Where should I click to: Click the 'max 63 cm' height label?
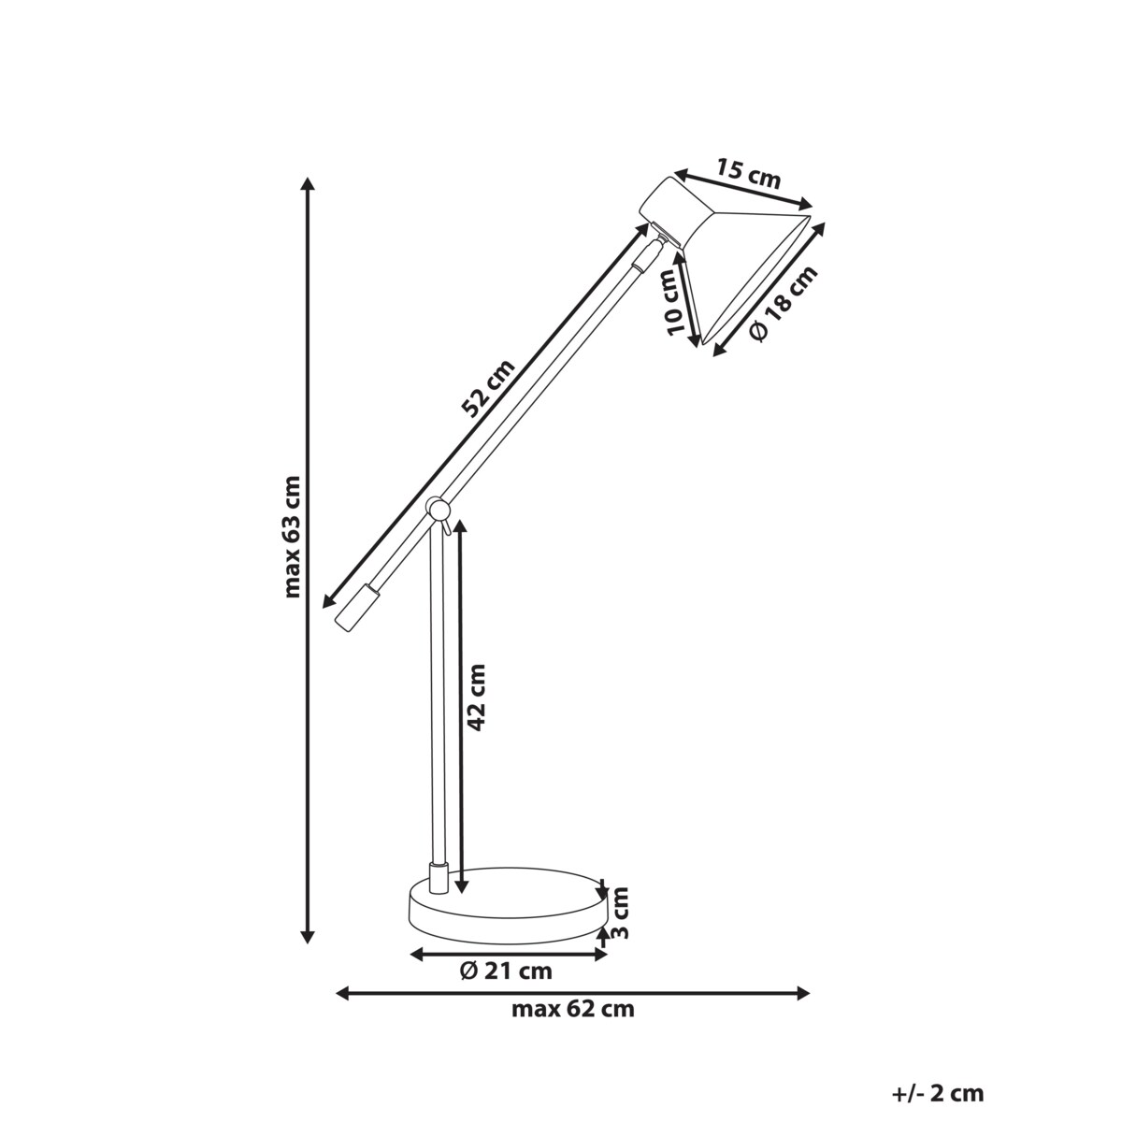click(293, 537)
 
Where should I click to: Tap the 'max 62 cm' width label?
click(572, 1009)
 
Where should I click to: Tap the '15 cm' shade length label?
click(748, 175)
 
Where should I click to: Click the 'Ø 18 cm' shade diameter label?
click(784, 302)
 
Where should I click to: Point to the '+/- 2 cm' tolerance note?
click(938, 1093)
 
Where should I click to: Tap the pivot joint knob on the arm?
click(436, 508)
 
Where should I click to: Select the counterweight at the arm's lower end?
click(356, 608)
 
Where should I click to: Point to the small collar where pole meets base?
click(437, 878)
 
